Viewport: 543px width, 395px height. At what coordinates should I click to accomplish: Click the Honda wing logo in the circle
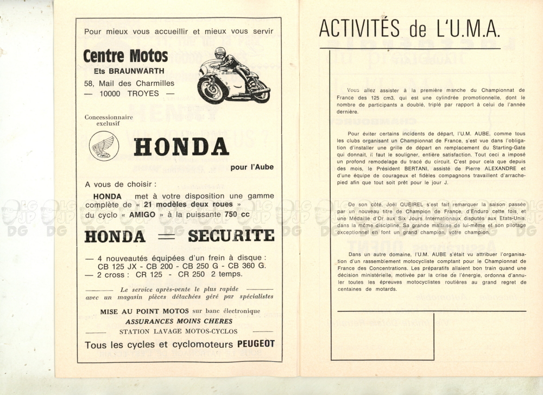pyautogui.click(x=104, y=146)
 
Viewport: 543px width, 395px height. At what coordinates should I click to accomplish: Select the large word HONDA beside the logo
pyautogui.click(x=181, y=147)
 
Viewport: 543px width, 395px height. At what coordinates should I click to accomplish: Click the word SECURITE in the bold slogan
pyautogui.click(x=231, y=235)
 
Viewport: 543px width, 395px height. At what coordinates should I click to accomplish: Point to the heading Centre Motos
pyautogui.click(x=125, y=56)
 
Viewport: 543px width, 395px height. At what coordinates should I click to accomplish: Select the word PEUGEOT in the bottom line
pyautogui.click(x=256, y=344)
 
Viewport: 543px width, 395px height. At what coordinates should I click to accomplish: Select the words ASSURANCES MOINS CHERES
pyautogui.click(x=179, y=321)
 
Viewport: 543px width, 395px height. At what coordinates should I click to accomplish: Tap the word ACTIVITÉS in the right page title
pyautogui.click(x=359, y=28)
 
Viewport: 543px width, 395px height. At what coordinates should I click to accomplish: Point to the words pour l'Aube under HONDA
pyautogui.click(x=251, y=167)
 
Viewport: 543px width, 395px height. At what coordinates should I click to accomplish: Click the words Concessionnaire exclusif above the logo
pyautogui.click(x=109, y=120)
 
